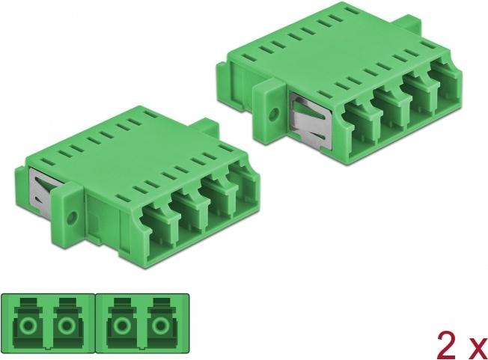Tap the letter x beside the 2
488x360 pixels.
tap(479, 350)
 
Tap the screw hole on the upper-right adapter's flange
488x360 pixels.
tap(274, 112)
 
